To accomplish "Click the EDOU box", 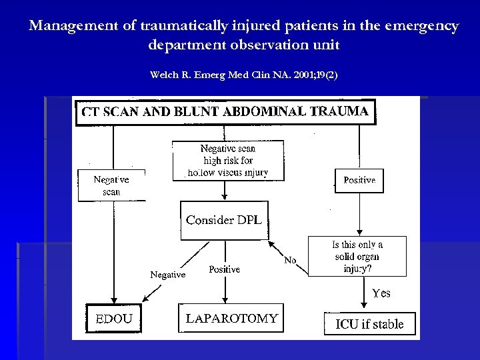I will click(114, 319).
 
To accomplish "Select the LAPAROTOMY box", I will click(231, 318).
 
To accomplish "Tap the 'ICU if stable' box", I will click(369, 324).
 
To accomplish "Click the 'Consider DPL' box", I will click(224, 220).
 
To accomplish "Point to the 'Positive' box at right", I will click(359, 180).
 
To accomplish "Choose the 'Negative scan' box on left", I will click(111, 185).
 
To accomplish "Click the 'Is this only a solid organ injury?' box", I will click(357, 257).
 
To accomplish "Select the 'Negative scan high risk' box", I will click(227, 160).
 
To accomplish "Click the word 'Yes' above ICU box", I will click(381, 293).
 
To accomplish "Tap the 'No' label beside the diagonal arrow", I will click(290, 261).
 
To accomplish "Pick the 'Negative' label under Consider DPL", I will click(168, 275).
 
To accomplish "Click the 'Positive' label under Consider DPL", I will click(224, 269).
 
